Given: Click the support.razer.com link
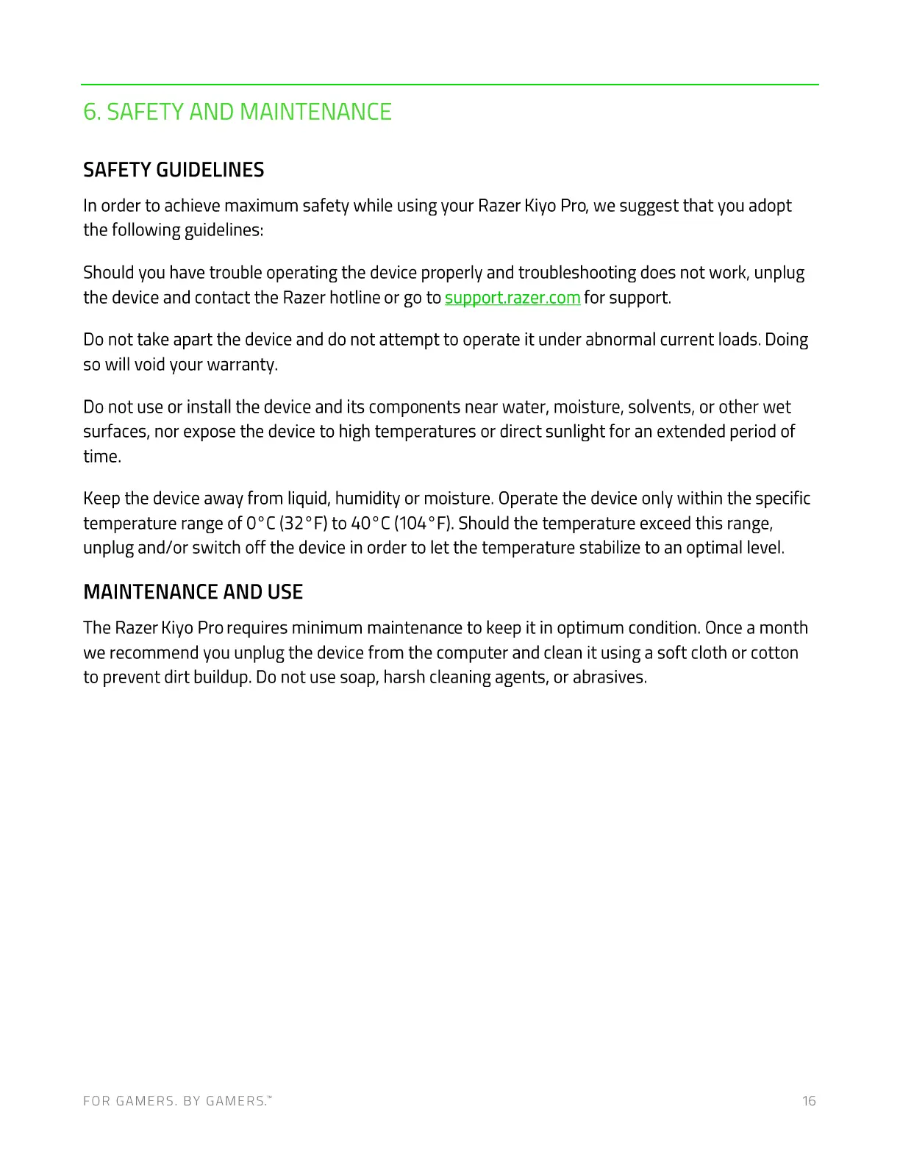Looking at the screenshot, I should pyautogui.click(x=512, y=298).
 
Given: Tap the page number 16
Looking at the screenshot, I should pyautogui.click(x=809, y=1101).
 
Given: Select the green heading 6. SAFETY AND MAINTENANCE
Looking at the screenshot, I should pyautogui.click(x=238, y=112).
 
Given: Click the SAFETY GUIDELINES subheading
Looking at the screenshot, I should pyautogui.click(x=174, y=170).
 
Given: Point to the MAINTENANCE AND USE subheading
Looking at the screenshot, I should pyautogui.click(x=193, y=592).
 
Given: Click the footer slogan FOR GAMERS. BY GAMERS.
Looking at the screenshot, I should pyautogui.click(x=176, y=1101).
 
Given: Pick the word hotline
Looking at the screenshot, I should pyautogui.click(x=354, y=298).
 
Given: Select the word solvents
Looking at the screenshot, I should pyautogui.click(x=660, y=407).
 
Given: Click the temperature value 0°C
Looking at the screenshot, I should pyautogui.click(x=260, y=524).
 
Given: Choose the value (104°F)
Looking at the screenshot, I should pyautogui.click(x=423, y=524).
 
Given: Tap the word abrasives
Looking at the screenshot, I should pyautogui.click(x=609, y=677).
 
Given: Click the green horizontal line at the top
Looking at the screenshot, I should pyautogui.click(x=449, y=85).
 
